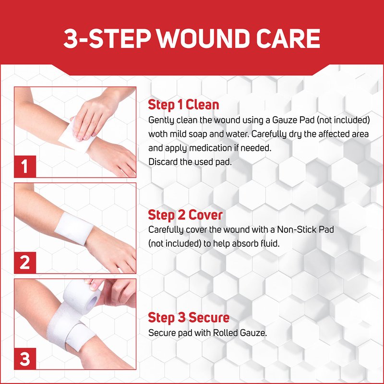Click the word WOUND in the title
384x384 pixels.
tap(205, 38)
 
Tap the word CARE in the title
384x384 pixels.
tap(288, 38)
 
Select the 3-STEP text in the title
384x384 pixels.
tap(107, 38)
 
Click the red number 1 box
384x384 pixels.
tap(25, 166)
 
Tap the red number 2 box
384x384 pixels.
tap(25, 263)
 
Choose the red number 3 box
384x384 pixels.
tap(25, 359)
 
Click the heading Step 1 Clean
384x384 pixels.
tap(183, 105)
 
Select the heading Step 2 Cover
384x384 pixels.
tap(185, 215)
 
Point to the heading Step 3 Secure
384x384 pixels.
tap(189, 317)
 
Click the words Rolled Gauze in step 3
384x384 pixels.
tap(240, 333)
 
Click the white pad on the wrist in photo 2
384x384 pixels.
tap(74, 228)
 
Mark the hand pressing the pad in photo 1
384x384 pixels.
tap(98, 115)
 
